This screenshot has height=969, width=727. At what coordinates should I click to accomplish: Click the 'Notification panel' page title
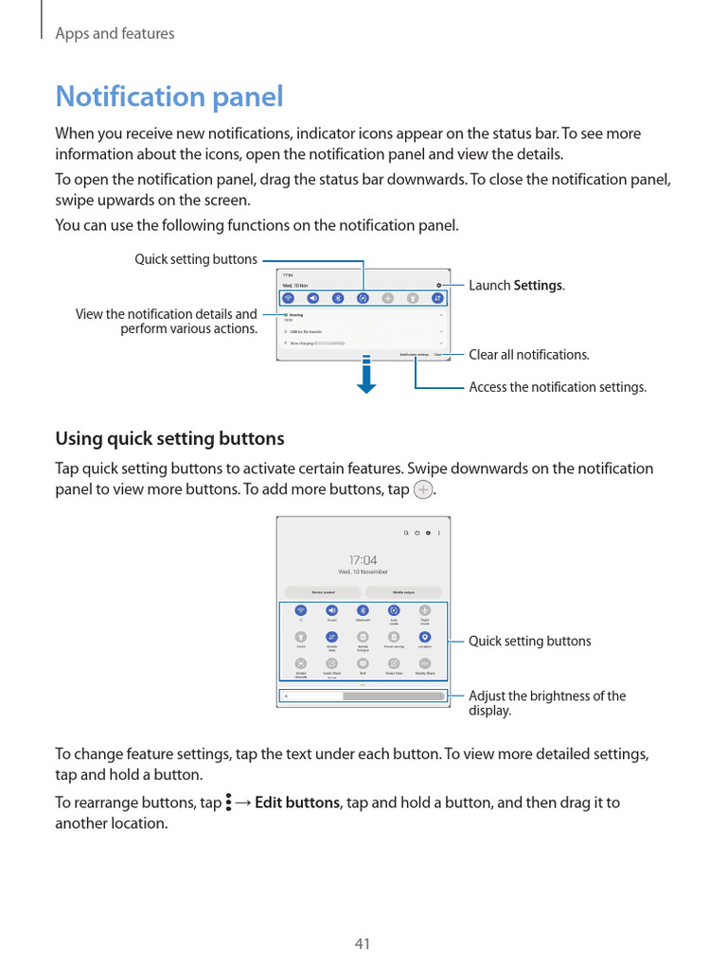[x=169, y=97]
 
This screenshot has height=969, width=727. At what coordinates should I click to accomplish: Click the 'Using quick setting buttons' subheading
[x=169, y=439]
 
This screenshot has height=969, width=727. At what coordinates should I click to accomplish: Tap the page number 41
[x=363, y=943]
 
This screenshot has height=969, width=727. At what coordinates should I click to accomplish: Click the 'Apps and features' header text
[x=115, y=33]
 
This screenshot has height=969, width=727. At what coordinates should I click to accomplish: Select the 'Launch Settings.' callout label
[x=517, y=285]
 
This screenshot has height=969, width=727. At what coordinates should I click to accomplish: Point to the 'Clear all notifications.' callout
[x=529, y=354]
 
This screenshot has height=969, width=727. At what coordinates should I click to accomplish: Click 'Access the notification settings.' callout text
[x=558, y=387]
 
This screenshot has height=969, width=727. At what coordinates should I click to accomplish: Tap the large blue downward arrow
[x=367, y=376]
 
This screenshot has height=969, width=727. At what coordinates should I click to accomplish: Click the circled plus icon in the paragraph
[x=423, y=490]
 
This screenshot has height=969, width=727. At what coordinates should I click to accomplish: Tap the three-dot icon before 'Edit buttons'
[x=229, y=803]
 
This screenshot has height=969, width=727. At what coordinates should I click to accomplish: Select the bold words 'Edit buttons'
[x=297, y=802]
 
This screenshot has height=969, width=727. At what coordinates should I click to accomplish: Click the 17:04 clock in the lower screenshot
[x=363, y=560]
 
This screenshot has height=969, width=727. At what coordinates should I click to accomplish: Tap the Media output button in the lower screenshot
[x=403, y=592]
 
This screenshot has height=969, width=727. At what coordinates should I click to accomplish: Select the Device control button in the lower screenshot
[x=323, y=592]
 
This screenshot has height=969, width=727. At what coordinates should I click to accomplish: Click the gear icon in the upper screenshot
[x=438, y=285]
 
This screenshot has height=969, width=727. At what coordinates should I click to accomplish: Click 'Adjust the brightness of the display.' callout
[x=547, y=703]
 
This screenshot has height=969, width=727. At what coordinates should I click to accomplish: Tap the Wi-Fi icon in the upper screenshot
[x=287, y=297]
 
